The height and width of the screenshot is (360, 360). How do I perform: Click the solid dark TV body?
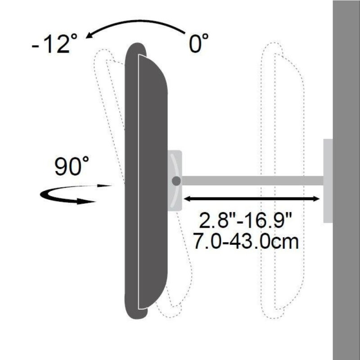pos(144,180)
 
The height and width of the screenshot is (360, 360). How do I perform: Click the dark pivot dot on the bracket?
pos(176,181)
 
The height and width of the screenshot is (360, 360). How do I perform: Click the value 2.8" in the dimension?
pos(215,220)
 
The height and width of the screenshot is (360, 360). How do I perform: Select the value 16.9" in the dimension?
pos(270,220)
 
